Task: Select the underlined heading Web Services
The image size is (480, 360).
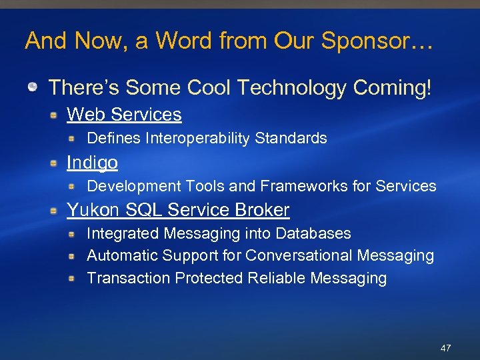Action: [124, 115]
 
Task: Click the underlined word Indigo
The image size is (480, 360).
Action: [92, 163]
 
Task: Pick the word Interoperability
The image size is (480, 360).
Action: [195, 139]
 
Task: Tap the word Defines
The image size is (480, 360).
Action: [114, 139]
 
